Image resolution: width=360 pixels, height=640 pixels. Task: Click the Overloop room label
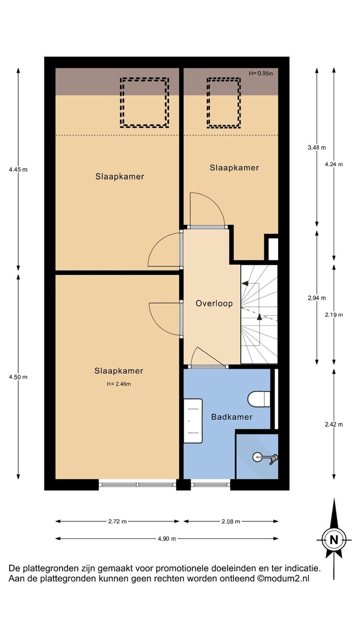coord(214,304)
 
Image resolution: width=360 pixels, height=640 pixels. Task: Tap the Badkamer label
coord(232,417)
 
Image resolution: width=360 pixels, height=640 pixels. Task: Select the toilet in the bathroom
coord(259,399)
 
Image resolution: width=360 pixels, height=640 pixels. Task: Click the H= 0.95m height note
coord(261,73)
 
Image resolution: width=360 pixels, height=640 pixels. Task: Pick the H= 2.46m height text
coord(119,384)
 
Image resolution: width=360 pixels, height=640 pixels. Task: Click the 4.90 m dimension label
coord(167,539)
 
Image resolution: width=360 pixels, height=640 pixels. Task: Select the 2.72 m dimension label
coord(117,521)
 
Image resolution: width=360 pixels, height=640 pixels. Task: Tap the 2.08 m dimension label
coord(231,521)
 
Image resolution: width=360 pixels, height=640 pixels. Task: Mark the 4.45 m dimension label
coord(18,169)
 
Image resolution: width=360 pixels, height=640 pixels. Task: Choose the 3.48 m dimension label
coord(317,148)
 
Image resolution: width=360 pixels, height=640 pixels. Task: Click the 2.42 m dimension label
coord(334,424)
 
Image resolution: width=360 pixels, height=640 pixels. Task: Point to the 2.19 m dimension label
coord(334,315)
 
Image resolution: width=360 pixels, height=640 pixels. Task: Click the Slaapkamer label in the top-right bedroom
coord(234,168)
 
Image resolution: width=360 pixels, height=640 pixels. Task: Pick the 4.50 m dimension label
coord(18,377)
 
